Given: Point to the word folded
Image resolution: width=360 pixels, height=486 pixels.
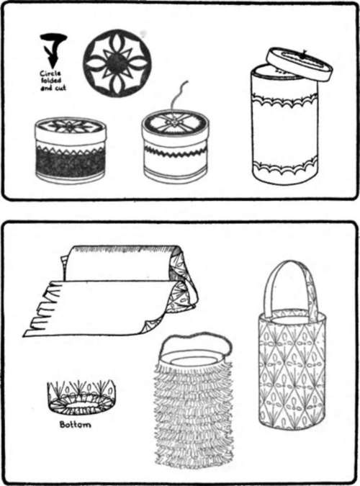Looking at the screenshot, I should [53, 81].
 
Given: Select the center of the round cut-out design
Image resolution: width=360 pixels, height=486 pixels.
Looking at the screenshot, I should [117, 62].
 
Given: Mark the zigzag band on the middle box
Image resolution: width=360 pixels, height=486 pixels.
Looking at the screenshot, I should [176, 152].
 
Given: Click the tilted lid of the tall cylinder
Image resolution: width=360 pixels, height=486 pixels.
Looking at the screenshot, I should [298, 63].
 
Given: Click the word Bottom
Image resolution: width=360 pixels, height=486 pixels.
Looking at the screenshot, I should [76, 425].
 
